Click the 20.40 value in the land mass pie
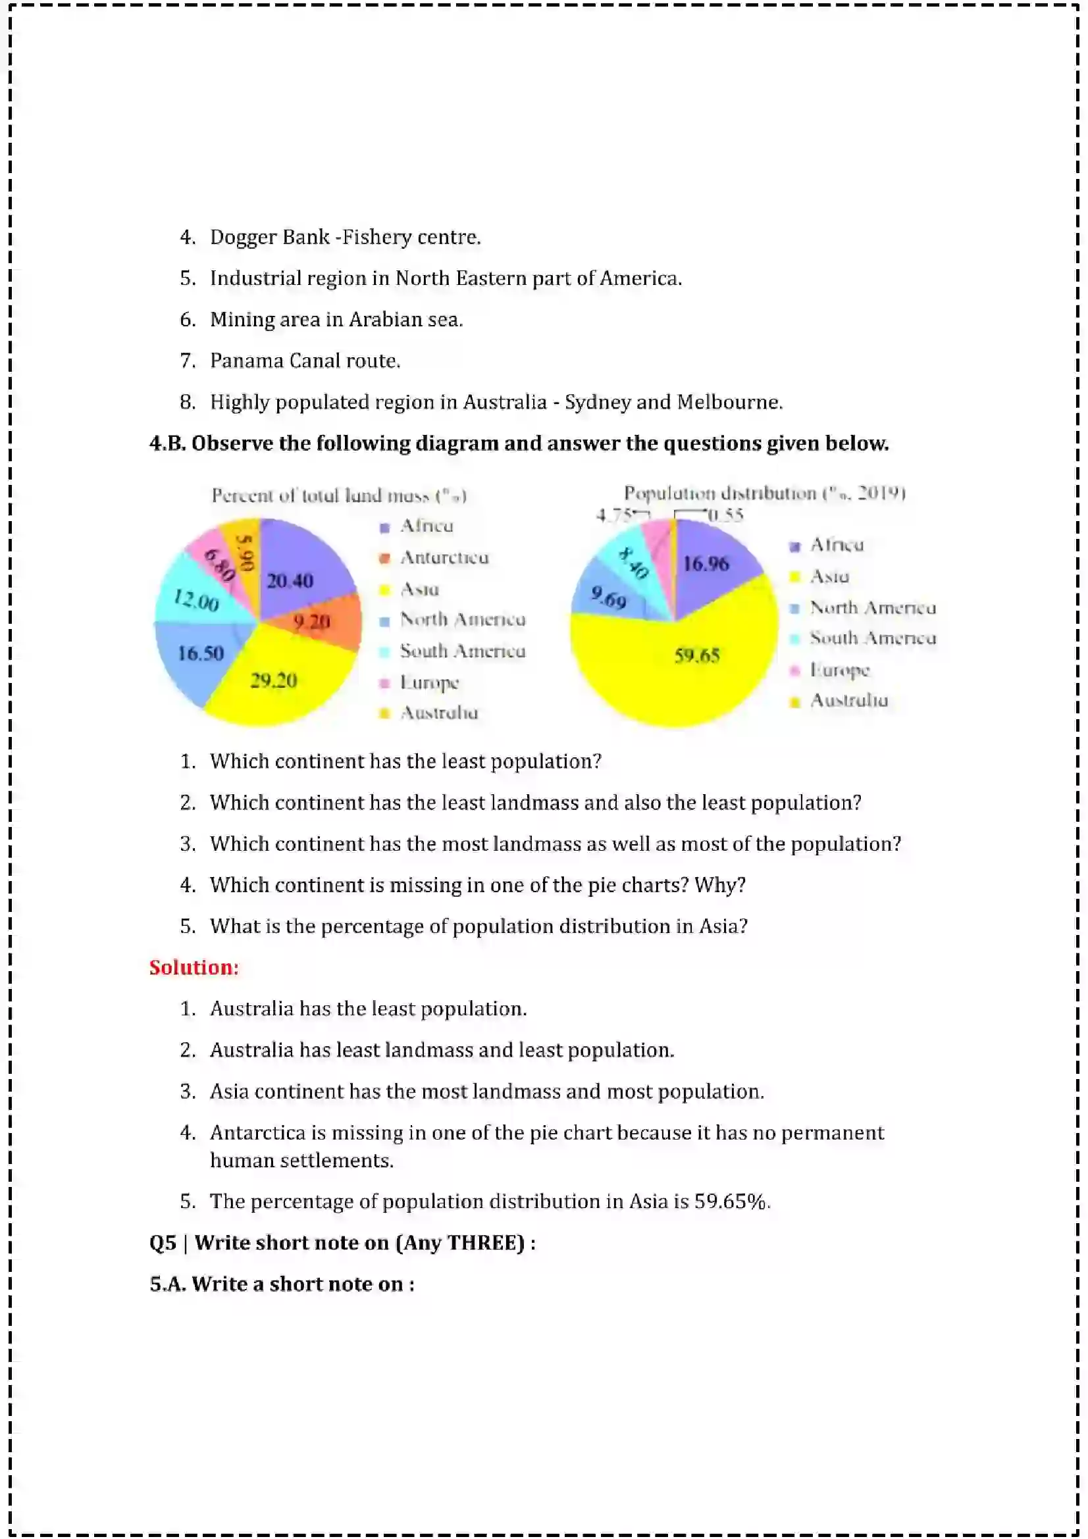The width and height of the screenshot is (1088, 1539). click(290, 580)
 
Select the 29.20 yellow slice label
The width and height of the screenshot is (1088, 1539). click(274, 680)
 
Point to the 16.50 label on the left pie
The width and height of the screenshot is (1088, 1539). click(201, 653)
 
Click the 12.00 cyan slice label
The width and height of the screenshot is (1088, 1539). click(195, 600)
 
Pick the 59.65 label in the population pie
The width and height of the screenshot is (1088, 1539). click(696, 655)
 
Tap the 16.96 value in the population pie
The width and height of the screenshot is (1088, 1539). click(705, 564)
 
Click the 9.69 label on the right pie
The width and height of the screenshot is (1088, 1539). click(609, 597)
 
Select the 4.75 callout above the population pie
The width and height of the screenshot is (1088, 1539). click(613, 515)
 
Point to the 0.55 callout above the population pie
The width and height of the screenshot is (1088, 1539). click(726, 515)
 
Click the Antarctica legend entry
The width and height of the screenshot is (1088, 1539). click(444, 558)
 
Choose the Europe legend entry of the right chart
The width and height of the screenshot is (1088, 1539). click(839, 670)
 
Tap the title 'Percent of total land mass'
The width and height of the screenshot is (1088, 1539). click(338, 495)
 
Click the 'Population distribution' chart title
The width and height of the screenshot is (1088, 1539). click(764, 493)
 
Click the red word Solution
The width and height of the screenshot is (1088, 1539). click(194, 967)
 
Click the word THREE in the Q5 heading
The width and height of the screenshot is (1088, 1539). click(485, 1243)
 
